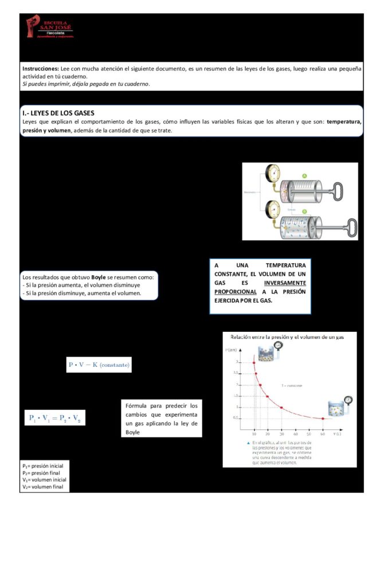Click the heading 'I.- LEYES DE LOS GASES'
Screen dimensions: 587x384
58,113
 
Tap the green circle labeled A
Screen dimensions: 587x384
304,175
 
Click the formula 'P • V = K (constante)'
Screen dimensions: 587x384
99,365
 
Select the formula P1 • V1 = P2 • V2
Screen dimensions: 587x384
54,418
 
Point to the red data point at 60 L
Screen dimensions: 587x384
323,418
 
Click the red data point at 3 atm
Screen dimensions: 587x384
254,362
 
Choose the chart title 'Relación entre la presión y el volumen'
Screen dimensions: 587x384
287,337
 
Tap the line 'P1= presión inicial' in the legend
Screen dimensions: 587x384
42,465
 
